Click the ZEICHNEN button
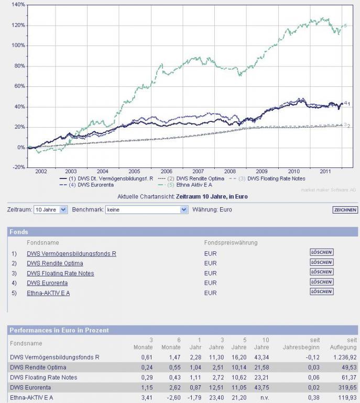coord(345,210)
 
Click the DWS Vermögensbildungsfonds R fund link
coord(71,253)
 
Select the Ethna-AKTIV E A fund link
coord(48,293)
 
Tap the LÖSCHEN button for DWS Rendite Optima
coord(321,262)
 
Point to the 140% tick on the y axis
coord(18,4)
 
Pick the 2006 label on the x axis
coord(166,171)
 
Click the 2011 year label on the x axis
coord(326,171)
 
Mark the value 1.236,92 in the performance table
coord(344,357)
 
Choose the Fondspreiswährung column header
coord(231,243)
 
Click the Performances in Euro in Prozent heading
coord(59,330)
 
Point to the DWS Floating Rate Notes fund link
coord(60,273)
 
